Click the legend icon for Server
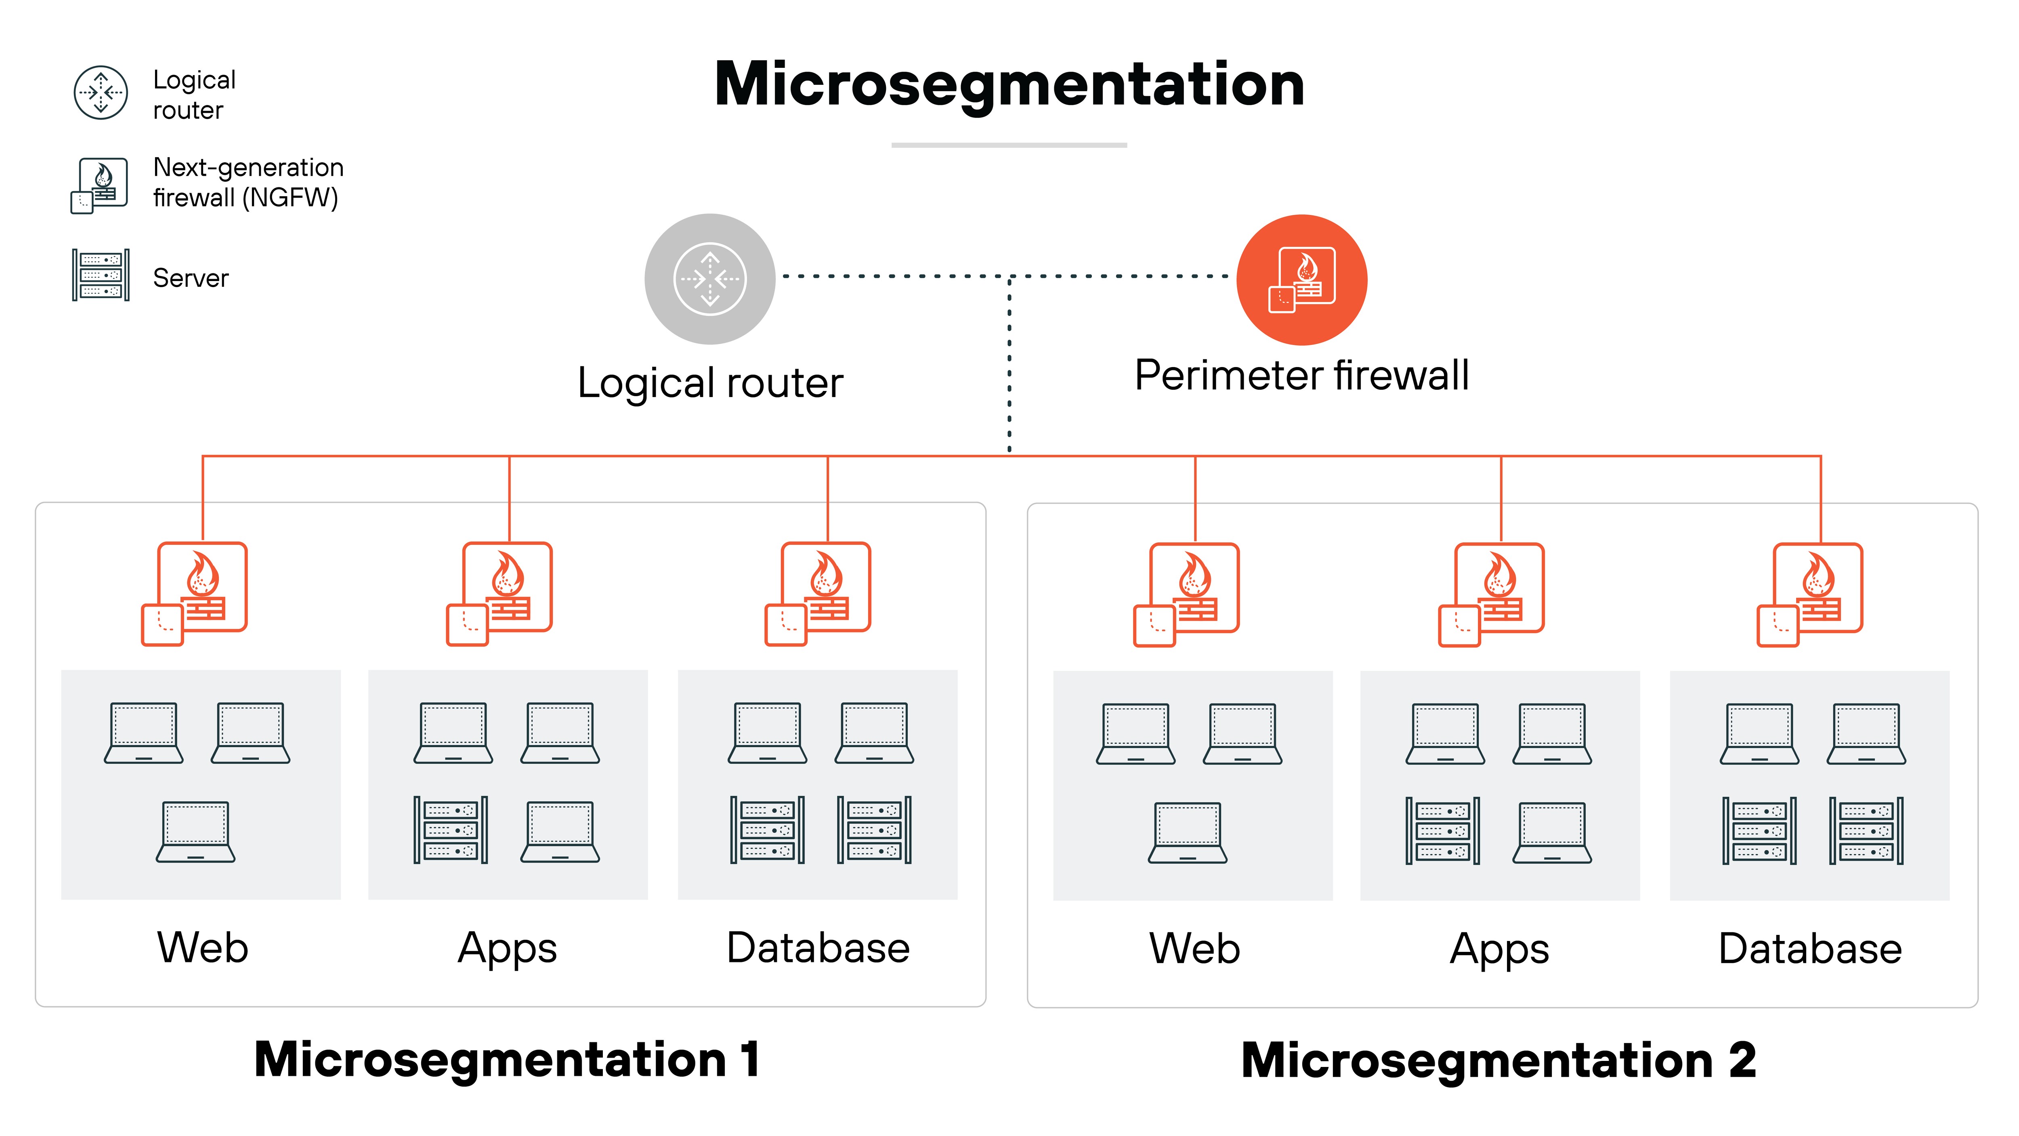pos(100,275)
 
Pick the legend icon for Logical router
pos(100,92)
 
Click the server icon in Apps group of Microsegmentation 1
pos(451,830)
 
